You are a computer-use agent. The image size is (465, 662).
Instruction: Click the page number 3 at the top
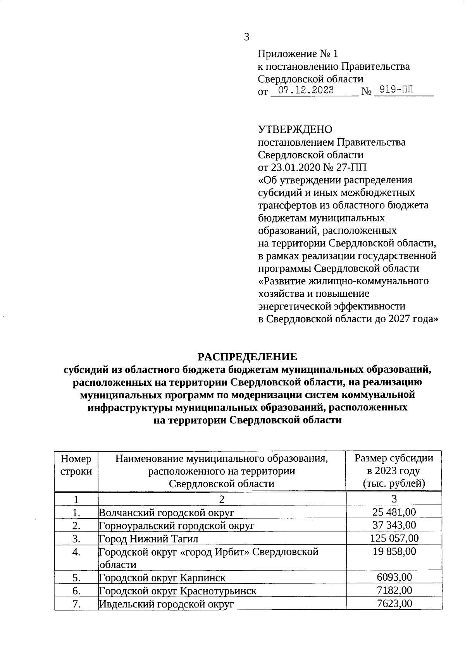pos(246,37)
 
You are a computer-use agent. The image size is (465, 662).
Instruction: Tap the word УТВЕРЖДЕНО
pos(295,129)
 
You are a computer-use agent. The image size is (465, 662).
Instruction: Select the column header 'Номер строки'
pos(76,465)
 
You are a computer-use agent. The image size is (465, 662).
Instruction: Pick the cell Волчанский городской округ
pos(167,512)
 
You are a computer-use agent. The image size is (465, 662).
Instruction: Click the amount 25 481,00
pos(394,512)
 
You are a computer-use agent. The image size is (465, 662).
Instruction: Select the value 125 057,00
pos(394,538)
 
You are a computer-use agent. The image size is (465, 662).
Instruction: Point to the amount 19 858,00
pos(394,551)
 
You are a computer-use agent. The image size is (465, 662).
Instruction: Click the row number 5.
pos(76,578)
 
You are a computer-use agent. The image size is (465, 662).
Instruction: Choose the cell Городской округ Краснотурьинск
pos(177,591)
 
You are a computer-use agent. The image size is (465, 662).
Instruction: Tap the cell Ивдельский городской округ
pos(167,604)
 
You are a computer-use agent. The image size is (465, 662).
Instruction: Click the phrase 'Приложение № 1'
pos(298,53)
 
